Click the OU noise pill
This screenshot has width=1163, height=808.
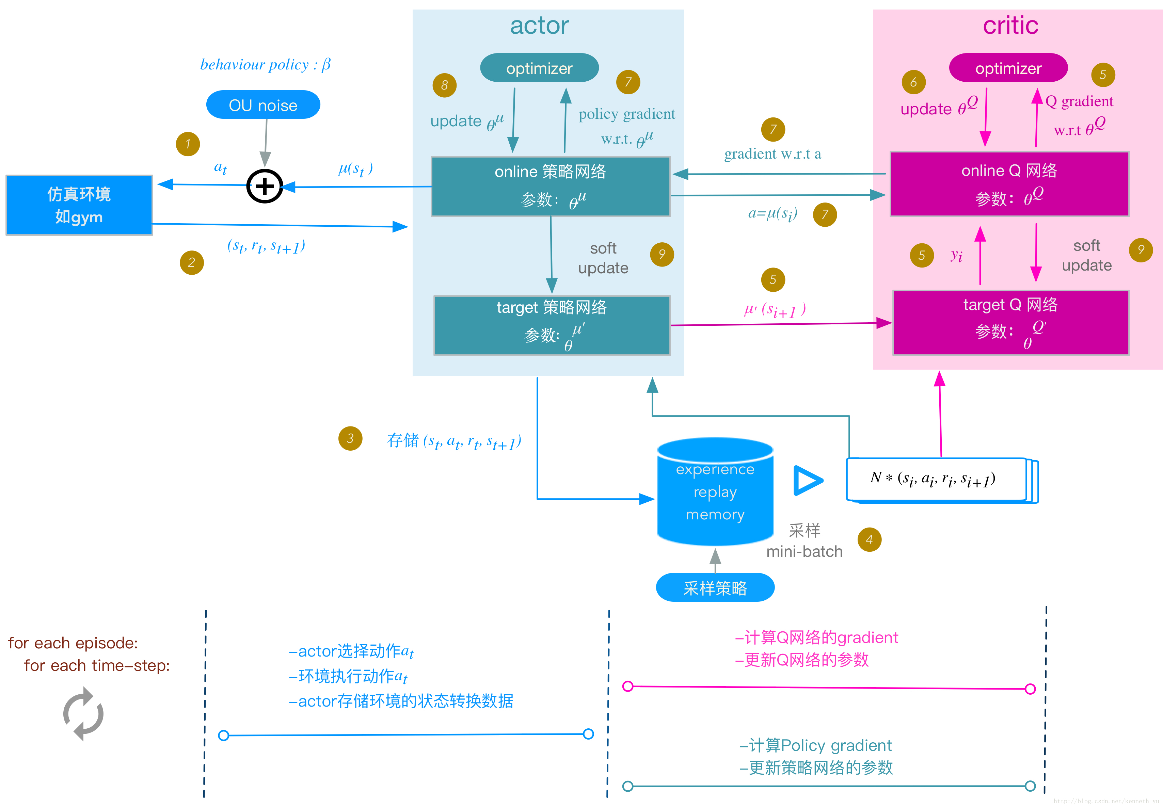[x=263, y=105]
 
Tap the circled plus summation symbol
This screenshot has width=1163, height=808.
[x=264, y=186]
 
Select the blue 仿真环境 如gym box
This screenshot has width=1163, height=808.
[x=79, y=205]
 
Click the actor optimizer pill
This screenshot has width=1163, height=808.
[x=539, y=68]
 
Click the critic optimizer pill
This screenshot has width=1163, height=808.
[x=1008, y=68]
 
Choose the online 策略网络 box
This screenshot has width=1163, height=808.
[x=551, y=186]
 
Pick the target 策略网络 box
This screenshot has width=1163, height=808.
[x=552, y=325]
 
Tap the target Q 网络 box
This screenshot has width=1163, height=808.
[x=1010, y=323]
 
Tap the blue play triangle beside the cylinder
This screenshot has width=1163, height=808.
[x=807, y=481]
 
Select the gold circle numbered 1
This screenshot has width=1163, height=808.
[x=188, y=144]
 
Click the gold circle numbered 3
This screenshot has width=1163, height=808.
[x=350, y=438]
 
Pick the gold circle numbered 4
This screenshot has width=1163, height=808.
[x=869, y=540]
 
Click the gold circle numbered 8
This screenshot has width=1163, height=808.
[x=445, y=85]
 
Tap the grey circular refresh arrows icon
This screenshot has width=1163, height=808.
[x=83, y=714]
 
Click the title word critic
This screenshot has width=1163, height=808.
[x=1010, y=25]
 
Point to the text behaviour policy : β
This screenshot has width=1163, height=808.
[x=265, y=65]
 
